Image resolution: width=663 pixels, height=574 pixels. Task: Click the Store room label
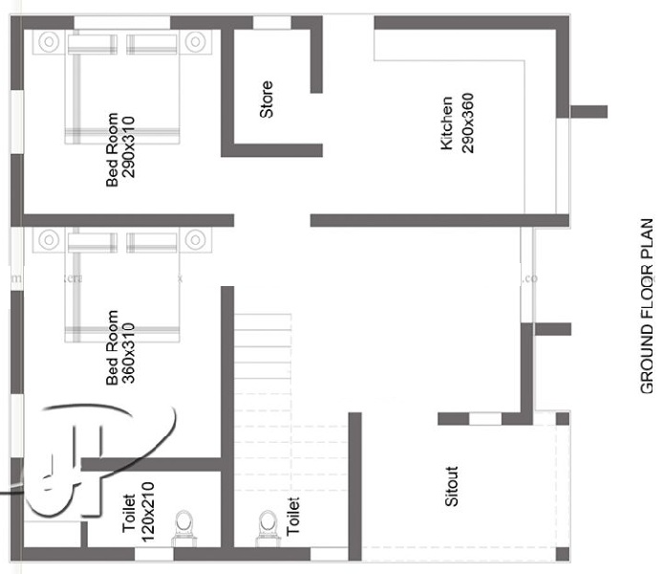pos(267,99)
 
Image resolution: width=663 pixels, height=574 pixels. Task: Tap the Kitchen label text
pos(447,123)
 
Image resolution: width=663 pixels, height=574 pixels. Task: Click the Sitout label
pos(453,486)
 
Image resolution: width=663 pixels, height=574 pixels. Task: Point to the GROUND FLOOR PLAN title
pos(647,305)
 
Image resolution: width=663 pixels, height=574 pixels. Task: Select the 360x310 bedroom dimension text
pos(129,346)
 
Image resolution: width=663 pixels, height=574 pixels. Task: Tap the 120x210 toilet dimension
pos(148,511)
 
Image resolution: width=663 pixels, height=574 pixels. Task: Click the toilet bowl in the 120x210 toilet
pos(183,524)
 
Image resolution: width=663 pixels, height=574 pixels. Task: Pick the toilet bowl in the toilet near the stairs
pos(267,524)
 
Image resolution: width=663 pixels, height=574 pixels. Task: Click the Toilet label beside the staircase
pos(293,515)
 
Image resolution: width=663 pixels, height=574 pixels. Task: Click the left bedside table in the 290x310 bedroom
pos(49,41)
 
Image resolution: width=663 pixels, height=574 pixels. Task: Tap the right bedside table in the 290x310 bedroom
pos(196,41)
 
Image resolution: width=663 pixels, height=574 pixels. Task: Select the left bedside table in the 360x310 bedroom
pos(49,238)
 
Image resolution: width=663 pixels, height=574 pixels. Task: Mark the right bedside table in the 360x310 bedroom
pos(196,238)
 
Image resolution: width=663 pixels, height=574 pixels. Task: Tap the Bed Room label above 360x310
pos(112,346)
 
